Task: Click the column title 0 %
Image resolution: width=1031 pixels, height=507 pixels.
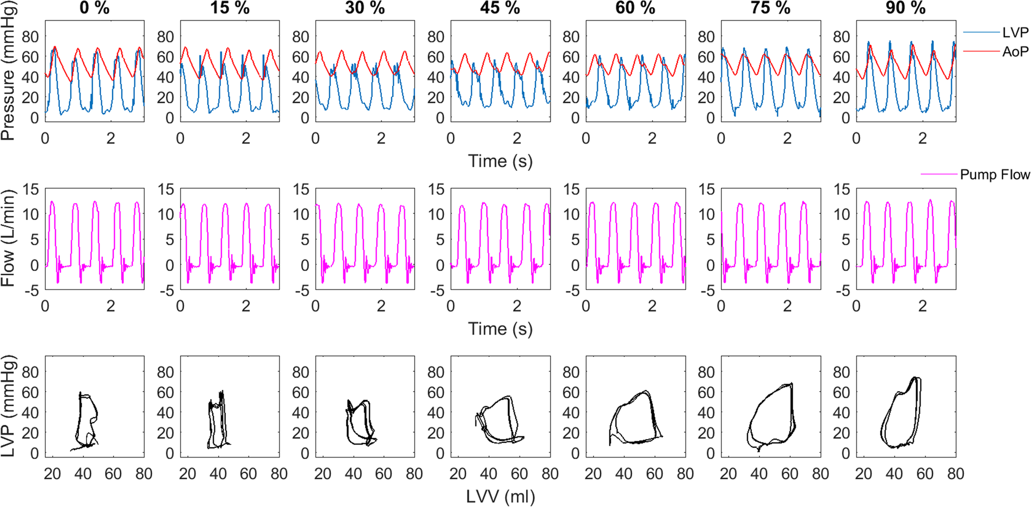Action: [94, 8]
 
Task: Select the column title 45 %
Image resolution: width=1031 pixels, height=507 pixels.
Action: [500, 8]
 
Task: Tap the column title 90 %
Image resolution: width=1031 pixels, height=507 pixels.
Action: [905, 8]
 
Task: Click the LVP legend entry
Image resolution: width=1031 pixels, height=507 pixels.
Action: [1015, 33]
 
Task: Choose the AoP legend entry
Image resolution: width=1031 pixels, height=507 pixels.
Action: [1015, 52]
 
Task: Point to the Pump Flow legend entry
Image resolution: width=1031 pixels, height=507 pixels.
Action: [995, 175]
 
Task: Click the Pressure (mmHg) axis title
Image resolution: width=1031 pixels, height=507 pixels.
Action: [8, 71]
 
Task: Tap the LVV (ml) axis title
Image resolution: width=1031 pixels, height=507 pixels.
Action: [501, 496]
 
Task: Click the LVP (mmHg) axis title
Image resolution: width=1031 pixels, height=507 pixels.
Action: [8, 406]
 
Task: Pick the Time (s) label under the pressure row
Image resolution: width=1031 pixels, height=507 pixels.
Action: [501, 161]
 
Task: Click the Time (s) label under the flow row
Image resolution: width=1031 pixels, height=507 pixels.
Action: [501, 329]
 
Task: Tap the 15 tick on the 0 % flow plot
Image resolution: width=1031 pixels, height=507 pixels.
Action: [30, 189]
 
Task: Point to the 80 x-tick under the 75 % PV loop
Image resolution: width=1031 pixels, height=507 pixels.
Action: [820, 474]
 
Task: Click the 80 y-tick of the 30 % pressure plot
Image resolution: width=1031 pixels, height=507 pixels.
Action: [300, 37]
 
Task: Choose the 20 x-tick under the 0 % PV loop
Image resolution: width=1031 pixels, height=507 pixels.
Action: [52, 474]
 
